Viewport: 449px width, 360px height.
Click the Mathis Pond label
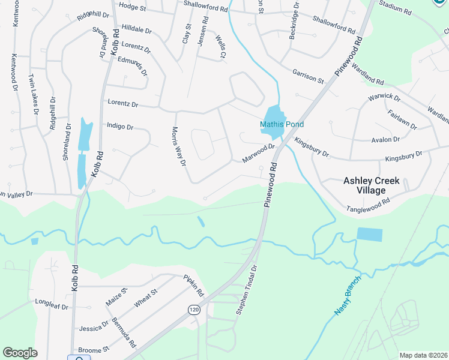point(282,124)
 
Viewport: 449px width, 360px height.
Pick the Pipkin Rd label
point(194,286)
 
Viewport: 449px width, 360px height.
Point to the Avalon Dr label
point(385,139)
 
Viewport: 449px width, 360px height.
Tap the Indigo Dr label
point(119,127)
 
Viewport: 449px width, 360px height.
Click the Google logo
point(20,352)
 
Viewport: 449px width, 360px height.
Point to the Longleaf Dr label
point(53,306)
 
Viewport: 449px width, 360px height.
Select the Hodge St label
point(133,6)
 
